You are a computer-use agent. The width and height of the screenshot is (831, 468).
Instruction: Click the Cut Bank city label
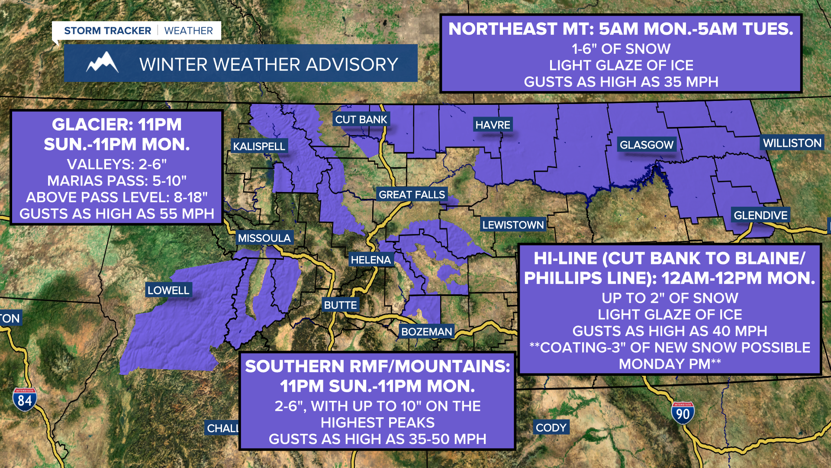coord(361,120)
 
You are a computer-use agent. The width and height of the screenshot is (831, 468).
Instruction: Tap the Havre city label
coord(493,125)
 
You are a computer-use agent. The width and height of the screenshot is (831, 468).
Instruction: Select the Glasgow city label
coord(647,145)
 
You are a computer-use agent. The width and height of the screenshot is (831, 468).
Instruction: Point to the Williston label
coord(792,143)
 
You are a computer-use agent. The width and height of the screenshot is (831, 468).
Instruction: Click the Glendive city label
coord(760,215)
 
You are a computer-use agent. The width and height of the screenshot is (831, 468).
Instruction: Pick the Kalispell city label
coord(259,146)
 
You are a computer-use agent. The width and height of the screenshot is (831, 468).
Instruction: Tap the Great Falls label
coord(412,195)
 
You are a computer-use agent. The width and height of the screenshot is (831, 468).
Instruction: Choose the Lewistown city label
coord(513,225)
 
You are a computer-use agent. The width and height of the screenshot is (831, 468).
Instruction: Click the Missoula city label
coord(264,238)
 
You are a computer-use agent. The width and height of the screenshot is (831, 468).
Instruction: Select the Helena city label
coord(370,260)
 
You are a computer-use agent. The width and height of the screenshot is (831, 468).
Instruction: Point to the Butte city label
coord(340,305)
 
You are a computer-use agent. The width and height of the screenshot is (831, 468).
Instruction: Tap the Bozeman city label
coord(426,332)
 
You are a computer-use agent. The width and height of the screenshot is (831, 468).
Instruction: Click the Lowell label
coord(168,290)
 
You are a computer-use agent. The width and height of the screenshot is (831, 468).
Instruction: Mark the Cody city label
coord(551,428)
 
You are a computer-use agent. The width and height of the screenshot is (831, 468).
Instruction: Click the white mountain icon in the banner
coord(102,63)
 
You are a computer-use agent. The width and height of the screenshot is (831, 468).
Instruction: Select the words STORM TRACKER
coord(107,31)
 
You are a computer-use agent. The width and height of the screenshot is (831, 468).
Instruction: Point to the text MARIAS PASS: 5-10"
coord(117,181)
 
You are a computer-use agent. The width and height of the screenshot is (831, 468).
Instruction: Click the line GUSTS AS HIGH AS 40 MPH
coord(670,331)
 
